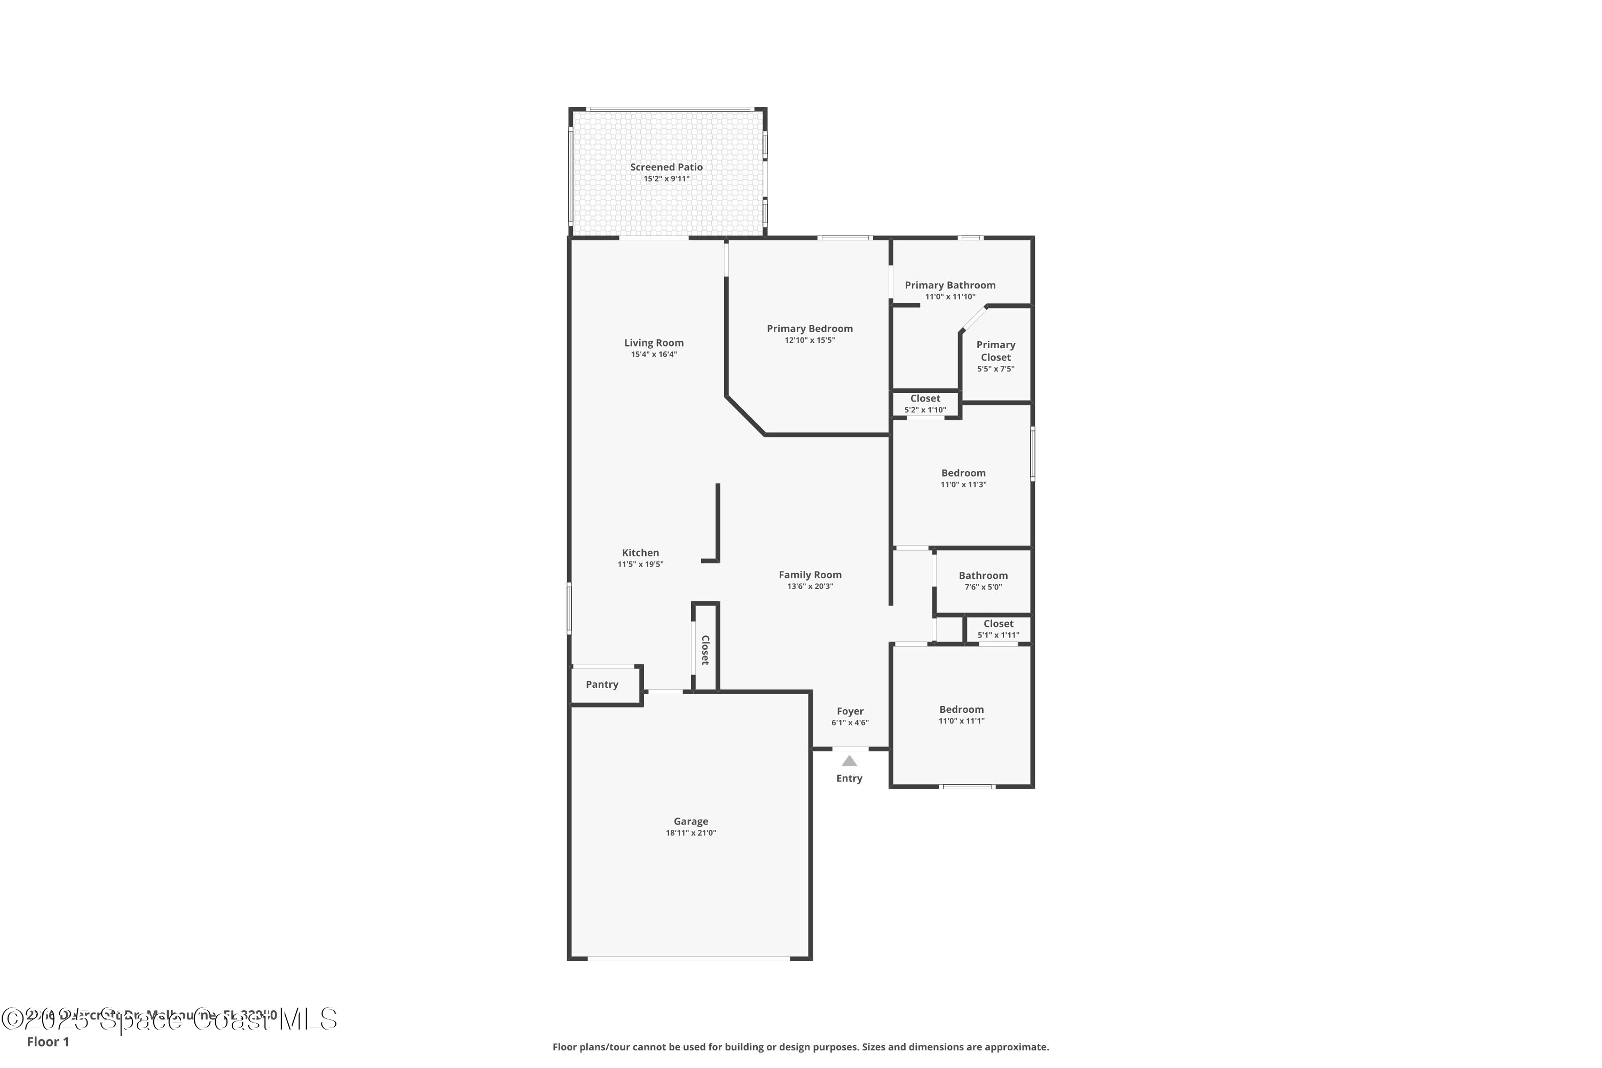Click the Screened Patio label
click(665, 167)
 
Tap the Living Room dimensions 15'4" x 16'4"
click(653, 354)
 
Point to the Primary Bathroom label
click(949, 285)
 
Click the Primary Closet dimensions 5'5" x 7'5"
click(995, 369)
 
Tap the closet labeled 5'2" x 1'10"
click(924, 404)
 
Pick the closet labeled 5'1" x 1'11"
click(998, 629)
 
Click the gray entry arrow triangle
click(849, 761)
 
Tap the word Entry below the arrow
click(849, 778)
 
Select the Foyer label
click(850, 711)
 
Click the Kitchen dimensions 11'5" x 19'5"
click(640, 564)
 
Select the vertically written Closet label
click(705, 650)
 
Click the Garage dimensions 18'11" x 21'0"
click(690, 833)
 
